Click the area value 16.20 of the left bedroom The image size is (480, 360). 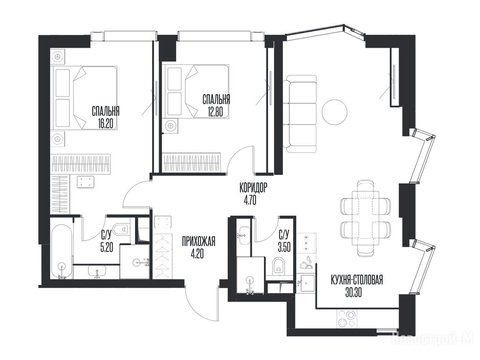point(105,123)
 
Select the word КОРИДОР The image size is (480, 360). point(253,187)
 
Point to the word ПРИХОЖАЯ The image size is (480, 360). point(198,241)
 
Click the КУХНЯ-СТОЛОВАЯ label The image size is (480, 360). point(357,280)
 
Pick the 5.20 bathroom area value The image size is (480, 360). point(106,247)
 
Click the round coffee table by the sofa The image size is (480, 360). point(335,112)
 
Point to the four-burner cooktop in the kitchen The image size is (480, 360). point(346,318)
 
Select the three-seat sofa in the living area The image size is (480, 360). point(300,113)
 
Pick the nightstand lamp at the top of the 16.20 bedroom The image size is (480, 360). point(58,57)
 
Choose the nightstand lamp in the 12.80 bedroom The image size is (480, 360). point(170,125)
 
